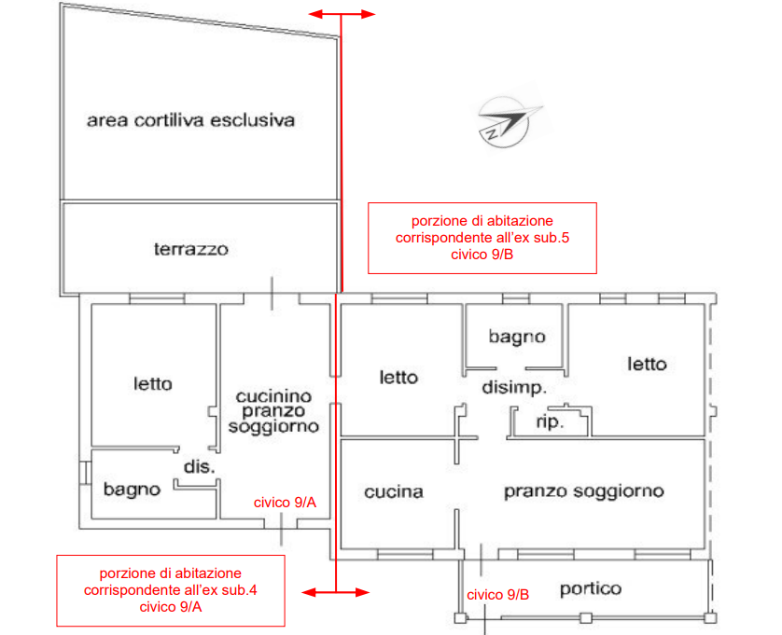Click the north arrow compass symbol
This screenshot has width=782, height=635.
click(x=508, y=121)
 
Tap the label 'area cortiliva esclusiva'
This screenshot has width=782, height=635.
click(x=190, y=120)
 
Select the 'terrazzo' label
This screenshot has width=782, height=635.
click(x=190, y=249)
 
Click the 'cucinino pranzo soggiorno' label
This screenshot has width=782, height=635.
click(x=273, y=411)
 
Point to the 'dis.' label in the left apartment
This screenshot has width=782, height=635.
click(x=199, y=466)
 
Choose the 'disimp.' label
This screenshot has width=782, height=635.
click(x=513, y=386)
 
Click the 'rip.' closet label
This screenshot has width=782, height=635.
click(x=549, y=422)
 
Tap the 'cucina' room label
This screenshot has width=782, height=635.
click(x=393, y=491)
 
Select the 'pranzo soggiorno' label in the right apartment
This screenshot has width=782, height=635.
click(x=583, y=490)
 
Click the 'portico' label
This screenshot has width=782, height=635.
click(x=590, y=589)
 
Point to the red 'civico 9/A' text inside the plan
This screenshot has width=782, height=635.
click(x=286, y=503)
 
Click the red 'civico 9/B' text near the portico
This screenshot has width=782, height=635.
click(x=498, y=595)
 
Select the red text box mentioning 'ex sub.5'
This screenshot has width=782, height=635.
click(x=482, y=238)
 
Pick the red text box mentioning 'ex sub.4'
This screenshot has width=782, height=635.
click(x=171, y=590)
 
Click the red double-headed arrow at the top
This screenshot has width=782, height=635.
click(x=342, y=14)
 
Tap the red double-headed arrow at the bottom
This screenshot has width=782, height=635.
click(x=336, y=591)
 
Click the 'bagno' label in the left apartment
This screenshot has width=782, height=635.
click(x=132, y=489)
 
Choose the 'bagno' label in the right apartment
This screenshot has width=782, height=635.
click(x=516, y=337)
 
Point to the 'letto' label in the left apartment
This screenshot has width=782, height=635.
click(x=153, y=383)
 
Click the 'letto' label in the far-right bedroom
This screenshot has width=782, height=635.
click(x=647, y=364)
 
